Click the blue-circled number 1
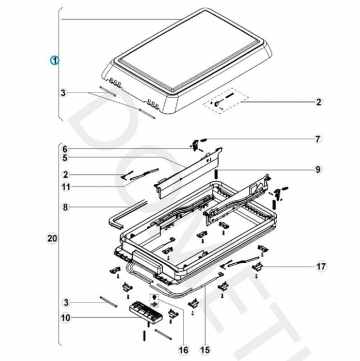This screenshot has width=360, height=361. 55,60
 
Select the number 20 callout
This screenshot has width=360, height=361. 52,238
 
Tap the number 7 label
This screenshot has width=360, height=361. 317,139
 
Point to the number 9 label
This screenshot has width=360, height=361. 318,169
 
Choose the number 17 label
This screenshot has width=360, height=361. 321,266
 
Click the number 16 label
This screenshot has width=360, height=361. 183,350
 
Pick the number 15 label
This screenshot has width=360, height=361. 205,350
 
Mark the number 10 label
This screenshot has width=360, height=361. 66,318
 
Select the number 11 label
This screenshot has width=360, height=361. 66,187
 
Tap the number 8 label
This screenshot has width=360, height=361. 65,207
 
